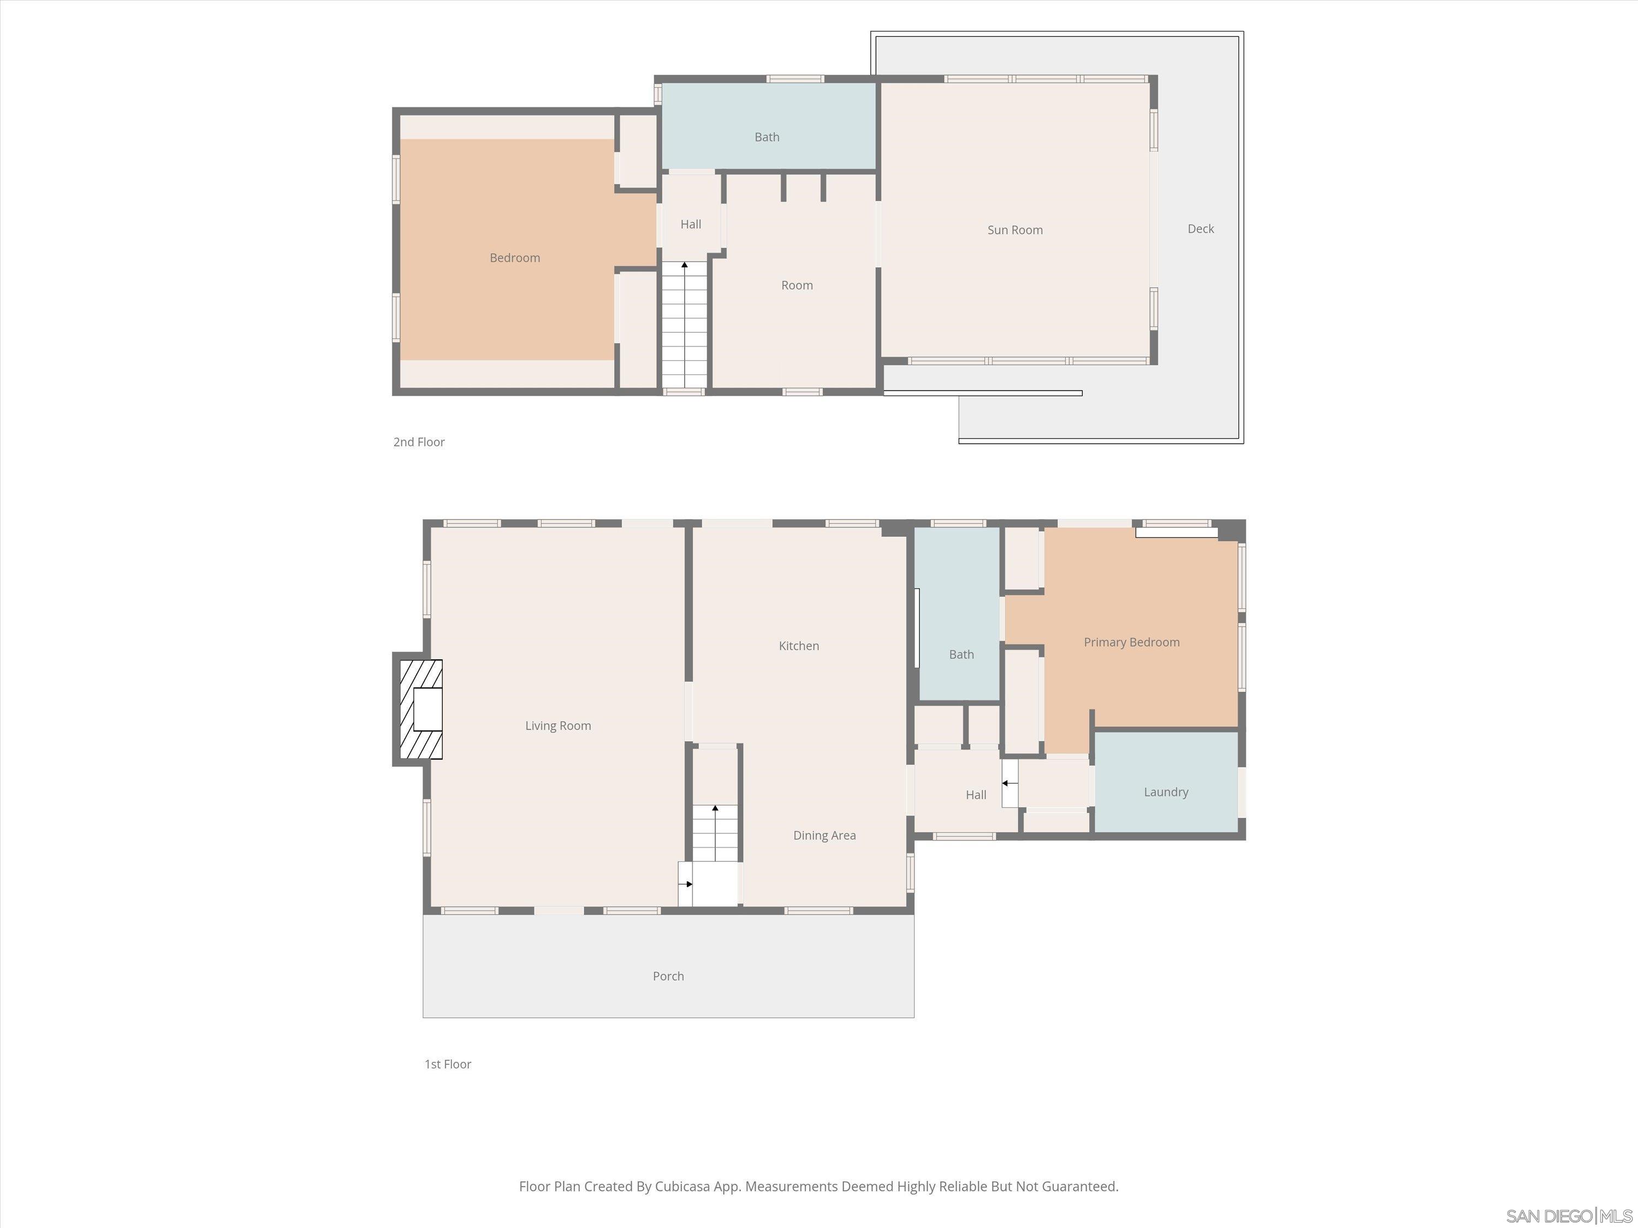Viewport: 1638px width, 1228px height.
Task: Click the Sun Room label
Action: pyautogui.click(x=1014, y=230)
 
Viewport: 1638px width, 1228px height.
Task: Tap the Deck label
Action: pyautogui.click(x=1200, y=229)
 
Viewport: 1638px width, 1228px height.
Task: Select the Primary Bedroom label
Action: pyautogui.click(x=1131, y=642)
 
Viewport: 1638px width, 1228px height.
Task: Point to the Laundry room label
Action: pyautogui.click(x=1166, y=792)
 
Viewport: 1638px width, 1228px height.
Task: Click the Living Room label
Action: pyautogui.click(x=557, y=726)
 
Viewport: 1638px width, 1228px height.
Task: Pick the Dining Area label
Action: pyautogui.click(x=824, y=836)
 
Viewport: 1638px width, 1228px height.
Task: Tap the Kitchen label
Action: pyautogui.click(x=798, y=646)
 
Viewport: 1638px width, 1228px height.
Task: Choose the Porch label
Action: pyautogui.click(x=668, y=976)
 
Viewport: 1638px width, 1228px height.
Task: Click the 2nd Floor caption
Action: pyautogui.click(x=418, y=442)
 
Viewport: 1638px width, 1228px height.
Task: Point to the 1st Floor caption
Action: pyautogui.click(x=447, y=1064)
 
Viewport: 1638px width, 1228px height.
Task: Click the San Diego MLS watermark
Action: pyautogui.click(x=1569, y=1216)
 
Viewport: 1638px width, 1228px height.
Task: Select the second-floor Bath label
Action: pyautogui.click(x=767, y=137)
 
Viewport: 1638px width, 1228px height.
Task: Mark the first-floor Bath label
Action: pyautogui.click(x=961, y=654)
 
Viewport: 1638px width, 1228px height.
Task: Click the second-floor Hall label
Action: pyautogui.click(x=690, y=224)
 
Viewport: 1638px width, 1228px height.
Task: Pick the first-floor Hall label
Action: pyautogui.click(x=975, y=795)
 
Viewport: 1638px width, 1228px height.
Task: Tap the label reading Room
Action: pyautogui.click(x=797, y=286)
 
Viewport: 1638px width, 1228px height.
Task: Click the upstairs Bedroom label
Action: pyautogui.click(x=515, y=258)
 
